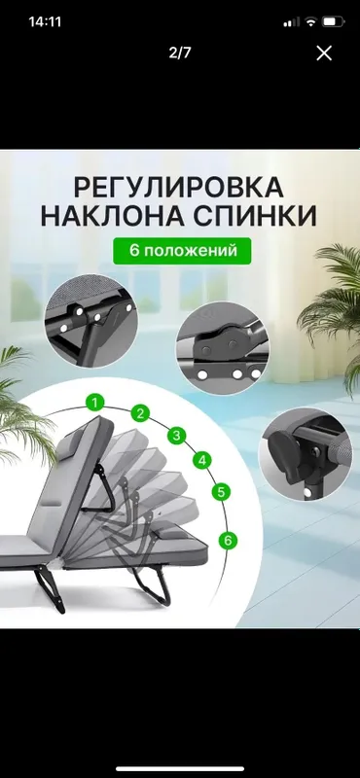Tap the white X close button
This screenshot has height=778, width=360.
point(324,53)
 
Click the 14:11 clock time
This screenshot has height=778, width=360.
point(45,21)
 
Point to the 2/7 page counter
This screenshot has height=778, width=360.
point(180,53)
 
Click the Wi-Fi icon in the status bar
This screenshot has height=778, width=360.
point(310,21)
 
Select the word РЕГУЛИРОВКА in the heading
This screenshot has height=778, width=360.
point(179,188)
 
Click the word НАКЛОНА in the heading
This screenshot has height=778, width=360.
point(115,216)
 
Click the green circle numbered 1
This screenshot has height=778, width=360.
point(94,403)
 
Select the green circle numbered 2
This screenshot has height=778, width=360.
point(140,412)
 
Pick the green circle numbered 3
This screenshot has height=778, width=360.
point(176,436)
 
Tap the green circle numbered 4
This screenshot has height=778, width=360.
point(202,460)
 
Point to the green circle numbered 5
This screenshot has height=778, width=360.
point(221,492)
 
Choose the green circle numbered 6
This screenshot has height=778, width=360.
point(228,540)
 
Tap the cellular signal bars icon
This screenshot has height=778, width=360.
point(292,21)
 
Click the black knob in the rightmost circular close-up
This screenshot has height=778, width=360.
point(283,450)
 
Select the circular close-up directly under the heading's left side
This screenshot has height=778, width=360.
point(91,322)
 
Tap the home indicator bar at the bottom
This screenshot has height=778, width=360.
point(180,769)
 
